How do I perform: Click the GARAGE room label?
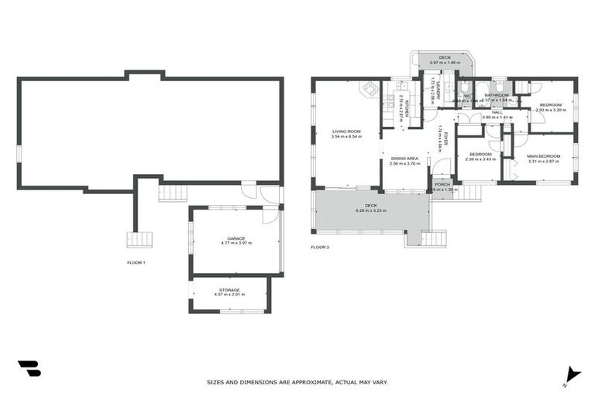[236, 238]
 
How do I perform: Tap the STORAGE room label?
[229, 290]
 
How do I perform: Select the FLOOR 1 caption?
[136, 263]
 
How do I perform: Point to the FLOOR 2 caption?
[320, 247]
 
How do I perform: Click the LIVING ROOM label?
[347, 131]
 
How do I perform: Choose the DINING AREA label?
[404, 159]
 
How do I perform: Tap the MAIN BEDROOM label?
[543, 156]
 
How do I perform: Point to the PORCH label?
[442, 184]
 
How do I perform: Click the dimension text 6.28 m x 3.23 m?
[371, 210]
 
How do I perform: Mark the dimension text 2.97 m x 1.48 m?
[444, 63]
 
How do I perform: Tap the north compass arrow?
[573, 373]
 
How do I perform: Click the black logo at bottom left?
[29, 368]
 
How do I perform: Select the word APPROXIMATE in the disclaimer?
[310, 382]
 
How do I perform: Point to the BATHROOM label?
[497, 95]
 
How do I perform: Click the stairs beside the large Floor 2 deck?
[435, 238]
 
